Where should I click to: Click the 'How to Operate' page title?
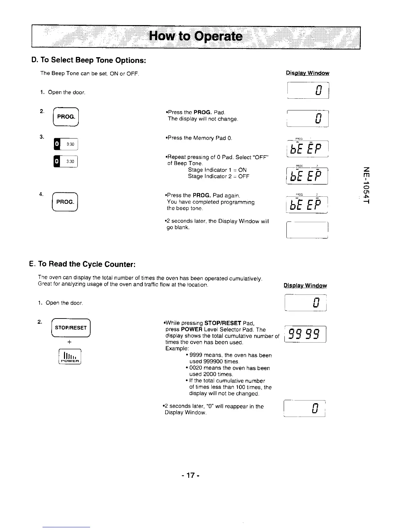pyautogui.click(x=196, y=36)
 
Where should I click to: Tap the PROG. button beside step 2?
pyautogui.click(x=66, y=116)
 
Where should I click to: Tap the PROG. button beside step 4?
pyautogui.click(x=66, y=202)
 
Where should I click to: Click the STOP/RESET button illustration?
pyautogui.click(x=71, y=328)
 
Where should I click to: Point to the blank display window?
pyautogui.click(x=307, y=230)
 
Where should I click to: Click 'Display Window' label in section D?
pyautogui.click(x=307, y=73)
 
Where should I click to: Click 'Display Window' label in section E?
pyautogui.click(x=305, y=285)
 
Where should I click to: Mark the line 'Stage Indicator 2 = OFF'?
pyautogui.click(x=218, y=176)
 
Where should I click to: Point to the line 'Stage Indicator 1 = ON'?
pyautogui.click(x=217, y=170)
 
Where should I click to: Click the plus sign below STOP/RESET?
pyautogui.click(x=69, y=342)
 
